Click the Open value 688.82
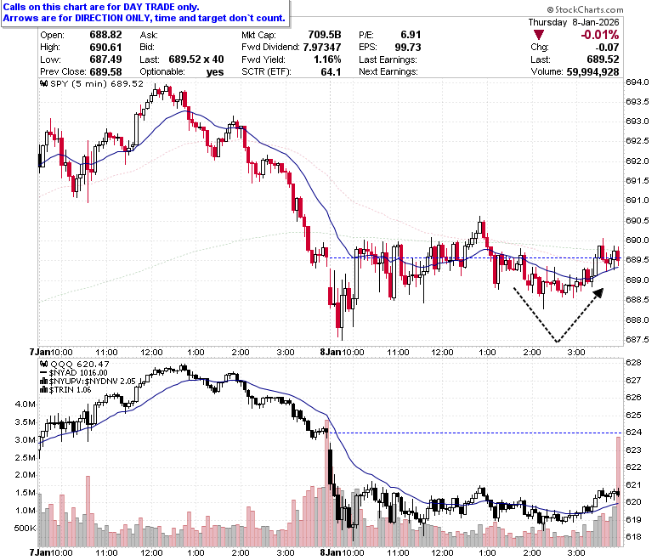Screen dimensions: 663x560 click(x=105, y=35)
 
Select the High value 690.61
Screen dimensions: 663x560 click(x=105, y=47)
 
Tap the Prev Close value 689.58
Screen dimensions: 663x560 click(x=105, y=72)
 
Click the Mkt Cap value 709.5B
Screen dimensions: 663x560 click(x=325, y=35)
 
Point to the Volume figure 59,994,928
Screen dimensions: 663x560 click(x=592, y=72)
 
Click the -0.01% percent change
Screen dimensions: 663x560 click(x=600, y=35)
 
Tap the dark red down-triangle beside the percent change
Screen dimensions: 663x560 click(x=539, y=35)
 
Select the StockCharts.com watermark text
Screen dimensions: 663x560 click(x=585, y=9)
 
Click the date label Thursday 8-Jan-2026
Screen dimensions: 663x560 click(x=574, y=22)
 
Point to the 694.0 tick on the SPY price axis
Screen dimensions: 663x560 click(x=637, y=82)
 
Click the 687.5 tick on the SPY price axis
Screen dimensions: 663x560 click(x=637, y=339)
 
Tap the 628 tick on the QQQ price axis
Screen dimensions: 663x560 click(x=634, y=363)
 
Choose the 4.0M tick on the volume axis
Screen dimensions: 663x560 click(x=25, y=404)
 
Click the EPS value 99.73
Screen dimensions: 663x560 click(x=408, y=47)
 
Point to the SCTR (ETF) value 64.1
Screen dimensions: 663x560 click(x=331, y=72)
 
